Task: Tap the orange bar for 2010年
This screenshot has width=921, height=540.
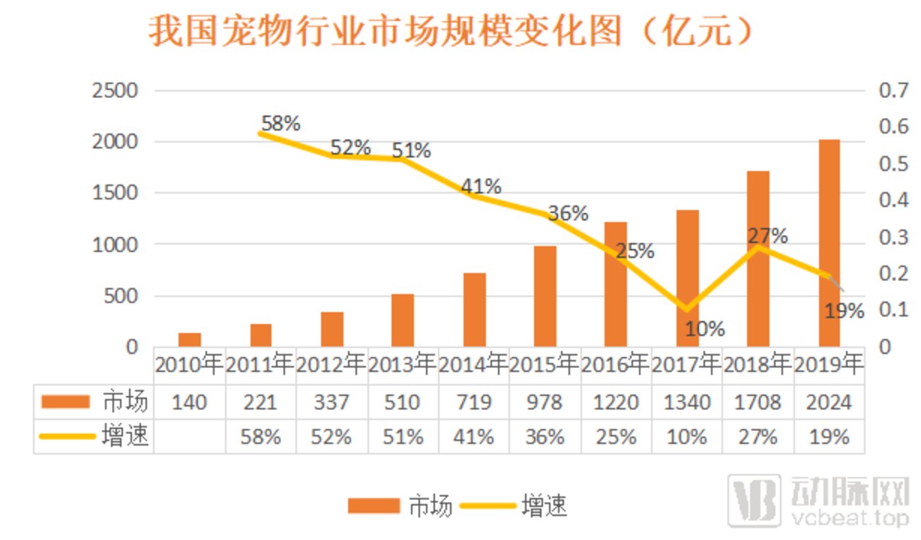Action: [x=190, y=339]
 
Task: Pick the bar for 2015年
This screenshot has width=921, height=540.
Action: [x=545, y=296]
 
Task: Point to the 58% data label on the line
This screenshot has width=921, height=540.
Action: [x=280, y=123]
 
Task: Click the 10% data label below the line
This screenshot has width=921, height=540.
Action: [x=704, y=328]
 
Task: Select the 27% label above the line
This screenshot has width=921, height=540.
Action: [x=767, y=235]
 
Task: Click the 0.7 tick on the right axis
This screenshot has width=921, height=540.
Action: [x=893, y=90]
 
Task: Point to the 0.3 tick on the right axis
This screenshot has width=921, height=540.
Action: [x=893, y=237]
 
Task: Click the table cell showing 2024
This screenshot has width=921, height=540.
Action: [x=829, y=402]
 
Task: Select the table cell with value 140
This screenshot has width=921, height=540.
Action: [x=190, y=402]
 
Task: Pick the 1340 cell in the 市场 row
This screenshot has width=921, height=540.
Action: [x=687, y=402]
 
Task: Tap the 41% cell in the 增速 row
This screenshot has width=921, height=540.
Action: [x=473, y=437]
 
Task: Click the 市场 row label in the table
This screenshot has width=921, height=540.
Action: [x=125, y=401]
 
